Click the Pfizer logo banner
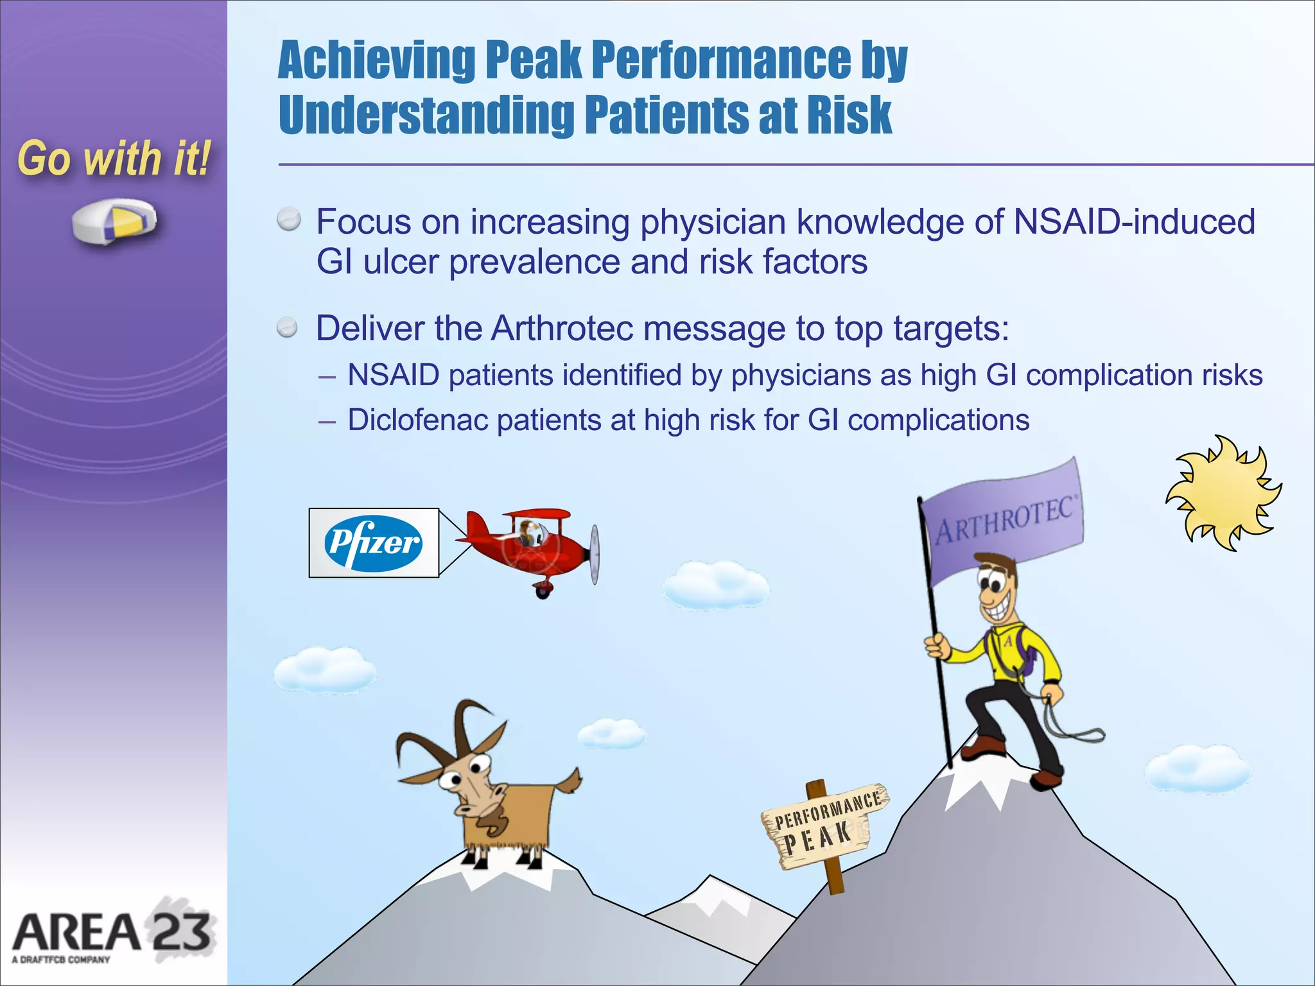[x=374, y=543]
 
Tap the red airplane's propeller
[x=595, y=554]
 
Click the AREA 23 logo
[x=112, y=934]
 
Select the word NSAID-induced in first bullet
[x=1133, y=222]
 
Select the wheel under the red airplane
[x=543, y=591]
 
